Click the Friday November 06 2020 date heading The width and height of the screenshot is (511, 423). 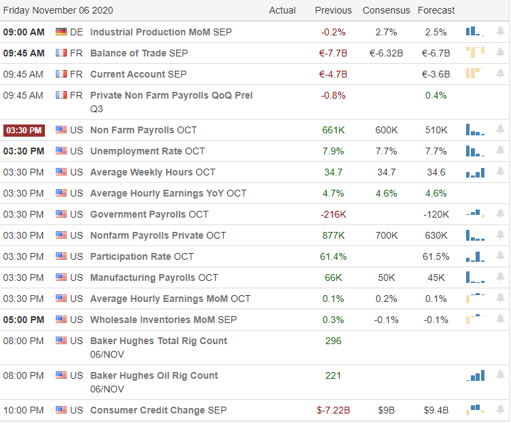pos(58,10)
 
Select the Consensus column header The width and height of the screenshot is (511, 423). pos(386,10)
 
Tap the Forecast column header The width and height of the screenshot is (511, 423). pos(436,10)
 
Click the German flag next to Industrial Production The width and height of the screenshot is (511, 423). pos(61,32)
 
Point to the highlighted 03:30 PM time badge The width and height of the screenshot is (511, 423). pos(24,130)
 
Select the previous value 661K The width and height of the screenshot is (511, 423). pos(333,130)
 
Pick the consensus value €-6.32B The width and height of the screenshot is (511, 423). pos(386,53)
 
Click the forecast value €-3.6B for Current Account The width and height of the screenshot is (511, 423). pos(436,74)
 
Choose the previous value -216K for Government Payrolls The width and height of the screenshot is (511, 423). pos(333,214)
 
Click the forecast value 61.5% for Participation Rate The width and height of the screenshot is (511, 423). pos(436,256)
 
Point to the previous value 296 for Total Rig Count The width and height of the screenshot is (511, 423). pos(333,341)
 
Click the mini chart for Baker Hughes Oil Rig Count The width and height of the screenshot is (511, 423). pos(476,375)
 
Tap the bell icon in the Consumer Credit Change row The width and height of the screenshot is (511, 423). pos(500,410)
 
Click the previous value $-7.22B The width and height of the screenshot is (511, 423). pos(333,410)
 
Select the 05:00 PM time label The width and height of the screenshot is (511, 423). pos(24,320)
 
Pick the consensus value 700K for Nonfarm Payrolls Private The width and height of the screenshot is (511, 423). pos(386,235)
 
